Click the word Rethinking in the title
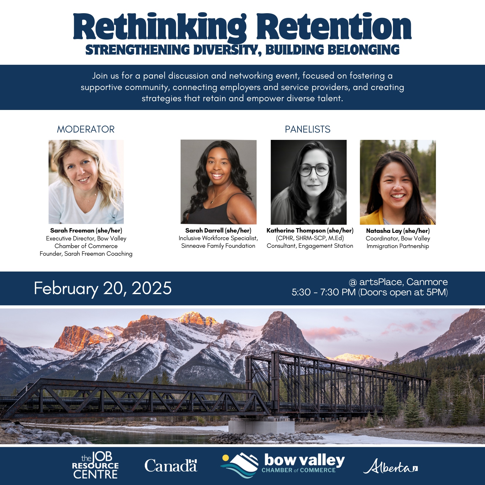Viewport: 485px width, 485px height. tap(160, 27)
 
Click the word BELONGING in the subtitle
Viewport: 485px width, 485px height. tap(363, 50)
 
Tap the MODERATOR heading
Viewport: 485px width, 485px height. tap(86, 129)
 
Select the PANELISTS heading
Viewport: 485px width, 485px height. tap(308, 129)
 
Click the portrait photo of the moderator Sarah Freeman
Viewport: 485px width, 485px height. tap(86, 182)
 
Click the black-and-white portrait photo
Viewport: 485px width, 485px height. tap(308, 182)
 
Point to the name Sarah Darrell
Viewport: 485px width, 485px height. tap(204, 230)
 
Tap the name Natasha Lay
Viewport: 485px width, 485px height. tap(384, 231)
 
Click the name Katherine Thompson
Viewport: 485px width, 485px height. tap(296, 230)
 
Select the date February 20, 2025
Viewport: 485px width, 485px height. tap(103, 289)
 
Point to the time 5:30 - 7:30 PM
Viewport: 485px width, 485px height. tap(323, 292)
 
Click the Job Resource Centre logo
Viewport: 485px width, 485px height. tap(95, 466)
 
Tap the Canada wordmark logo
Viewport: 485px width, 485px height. tap(171, 466)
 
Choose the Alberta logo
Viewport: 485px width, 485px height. tap(391, 466)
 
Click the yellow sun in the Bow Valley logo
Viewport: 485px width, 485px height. tap(225, 458)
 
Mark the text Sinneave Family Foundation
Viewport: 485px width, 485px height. tap(218, 246)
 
